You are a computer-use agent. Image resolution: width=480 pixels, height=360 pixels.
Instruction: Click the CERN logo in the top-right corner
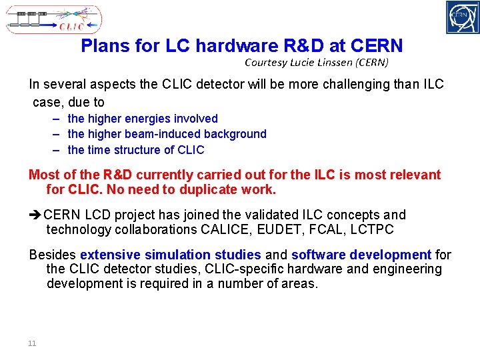[462, 17]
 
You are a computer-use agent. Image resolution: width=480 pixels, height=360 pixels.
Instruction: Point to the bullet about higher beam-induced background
[167, 134]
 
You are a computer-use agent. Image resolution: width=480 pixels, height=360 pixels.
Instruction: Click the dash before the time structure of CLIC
[58, 150]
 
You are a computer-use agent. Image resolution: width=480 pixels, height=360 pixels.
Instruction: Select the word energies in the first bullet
[150, 118]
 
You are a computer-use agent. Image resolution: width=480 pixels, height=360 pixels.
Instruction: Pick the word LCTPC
[371, 229]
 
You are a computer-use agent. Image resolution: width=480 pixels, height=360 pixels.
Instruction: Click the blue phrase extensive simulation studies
[170, 255]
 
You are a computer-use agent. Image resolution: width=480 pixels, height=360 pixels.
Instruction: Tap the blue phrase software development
[361, 255]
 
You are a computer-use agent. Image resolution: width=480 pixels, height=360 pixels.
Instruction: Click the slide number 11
[31, 343]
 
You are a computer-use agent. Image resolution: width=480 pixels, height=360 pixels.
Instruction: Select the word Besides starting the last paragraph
[53, 255]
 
